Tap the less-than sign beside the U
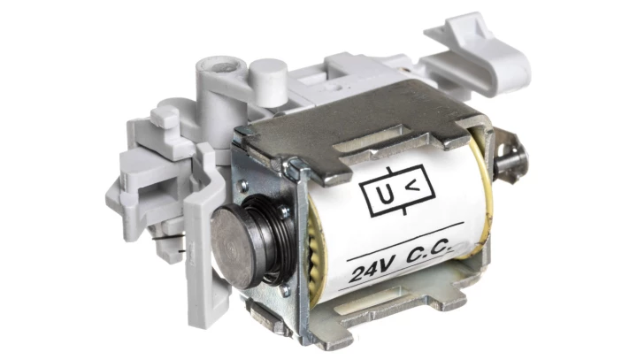point(413,186)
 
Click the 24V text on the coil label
point(372,270)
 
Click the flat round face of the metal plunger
point(232,245)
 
